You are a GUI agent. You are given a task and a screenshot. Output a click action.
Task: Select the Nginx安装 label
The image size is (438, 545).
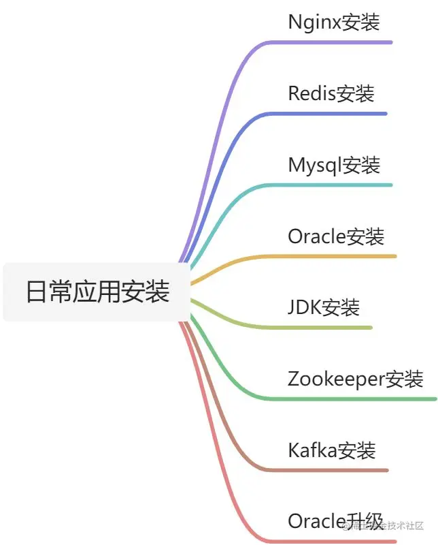point(333,22)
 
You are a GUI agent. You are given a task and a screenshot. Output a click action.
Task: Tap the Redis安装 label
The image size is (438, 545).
point(331,93)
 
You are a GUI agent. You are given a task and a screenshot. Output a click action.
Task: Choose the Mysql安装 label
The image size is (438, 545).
point(333,165)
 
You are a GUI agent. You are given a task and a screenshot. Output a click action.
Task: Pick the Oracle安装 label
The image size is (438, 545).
point(336,236)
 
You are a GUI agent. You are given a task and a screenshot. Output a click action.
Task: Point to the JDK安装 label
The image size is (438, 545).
point(323,307)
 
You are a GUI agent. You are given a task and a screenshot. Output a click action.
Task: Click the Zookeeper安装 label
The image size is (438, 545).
point(355,379)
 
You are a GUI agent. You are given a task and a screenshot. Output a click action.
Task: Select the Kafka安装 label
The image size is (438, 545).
point(331,450)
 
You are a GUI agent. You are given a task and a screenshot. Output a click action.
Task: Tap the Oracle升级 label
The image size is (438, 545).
point(335,521)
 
